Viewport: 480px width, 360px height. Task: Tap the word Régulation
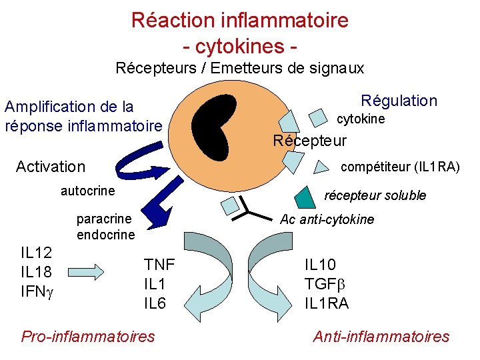pos(399,101)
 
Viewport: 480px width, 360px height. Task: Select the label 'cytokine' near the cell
pos(361,119)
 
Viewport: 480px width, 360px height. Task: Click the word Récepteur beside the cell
pos(310,141)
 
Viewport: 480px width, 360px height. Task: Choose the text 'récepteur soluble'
pos(375,195)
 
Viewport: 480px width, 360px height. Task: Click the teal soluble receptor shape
pos(303,195)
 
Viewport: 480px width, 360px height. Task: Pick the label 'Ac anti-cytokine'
pos(327,219)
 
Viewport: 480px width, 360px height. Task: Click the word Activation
pos(51,167)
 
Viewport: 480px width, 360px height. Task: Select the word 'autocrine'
pos(87,191)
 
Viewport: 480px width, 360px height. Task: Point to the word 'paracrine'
pos(104,219)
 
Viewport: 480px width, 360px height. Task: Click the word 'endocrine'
pos(105,235)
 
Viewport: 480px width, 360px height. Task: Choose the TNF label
pos(159,264)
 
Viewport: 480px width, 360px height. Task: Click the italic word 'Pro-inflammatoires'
pos(88,336)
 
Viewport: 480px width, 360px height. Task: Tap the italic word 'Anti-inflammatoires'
pos(381,336)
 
